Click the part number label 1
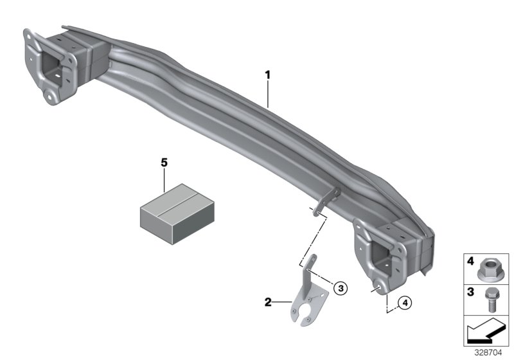tap(267, 76)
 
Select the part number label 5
tap(164, 163)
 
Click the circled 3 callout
tap(341, 287)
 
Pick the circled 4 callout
tap(404, 301)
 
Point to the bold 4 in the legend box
tap(470, 262)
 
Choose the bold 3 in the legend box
tap(470, 292)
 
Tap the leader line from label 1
tap(269, 93)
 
